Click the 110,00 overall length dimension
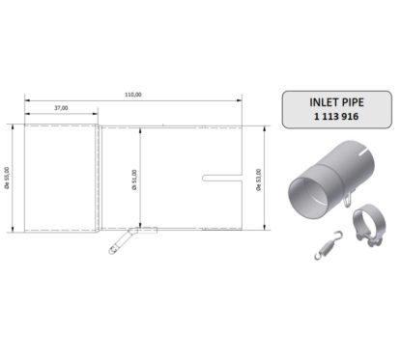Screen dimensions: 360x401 (x=133, y=94)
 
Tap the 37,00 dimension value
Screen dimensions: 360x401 (x=62, y=109)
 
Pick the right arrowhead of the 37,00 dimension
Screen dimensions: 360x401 (x=97, y=114)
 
